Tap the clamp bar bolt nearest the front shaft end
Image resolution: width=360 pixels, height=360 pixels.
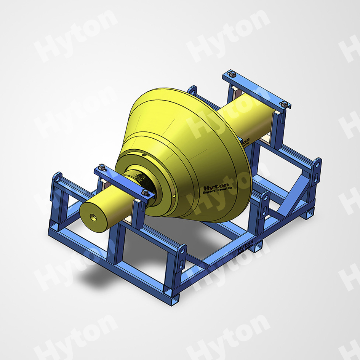[102, 166]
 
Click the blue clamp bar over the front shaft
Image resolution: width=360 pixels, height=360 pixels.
[123, 181]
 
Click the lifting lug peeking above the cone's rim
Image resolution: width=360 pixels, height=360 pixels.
[192, 92]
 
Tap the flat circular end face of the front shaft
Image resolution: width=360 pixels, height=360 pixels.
[94, 215]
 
